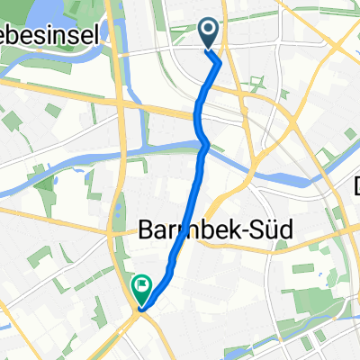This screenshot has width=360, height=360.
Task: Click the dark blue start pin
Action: (x=208, y=33)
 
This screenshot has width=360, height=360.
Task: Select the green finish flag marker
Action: (x=141, y=289)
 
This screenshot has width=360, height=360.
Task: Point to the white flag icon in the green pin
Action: (x=141, y=286)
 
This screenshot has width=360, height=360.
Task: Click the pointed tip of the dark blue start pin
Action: (x=208, y=49)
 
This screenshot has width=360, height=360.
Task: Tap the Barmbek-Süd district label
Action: (x=203, y=230)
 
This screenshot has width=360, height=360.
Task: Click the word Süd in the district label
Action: (x=249, y=230)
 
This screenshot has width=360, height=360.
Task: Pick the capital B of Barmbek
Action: (x=145, y=230)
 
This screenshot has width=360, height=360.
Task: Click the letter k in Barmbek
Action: (x=217, y=230)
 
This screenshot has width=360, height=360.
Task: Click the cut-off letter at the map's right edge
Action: (x=355, y=187)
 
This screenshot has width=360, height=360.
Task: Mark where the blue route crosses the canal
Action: (x=203, y=143)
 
